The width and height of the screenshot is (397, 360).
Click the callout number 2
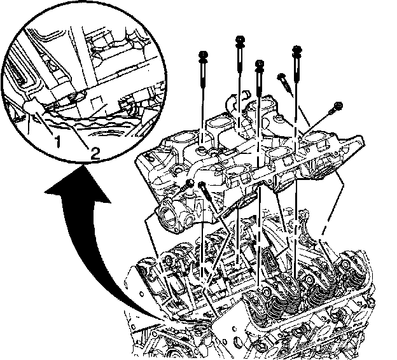[94, 152]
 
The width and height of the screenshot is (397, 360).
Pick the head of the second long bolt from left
[240, 40]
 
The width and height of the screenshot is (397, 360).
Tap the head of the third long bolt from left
[258, 64]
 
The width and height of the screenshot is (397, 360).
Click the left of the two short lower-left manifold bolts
[190, 184]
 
